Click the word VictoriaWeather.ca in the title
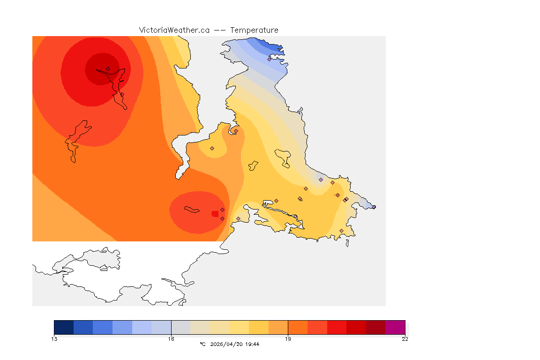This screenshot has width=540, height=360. [x=174, y=30]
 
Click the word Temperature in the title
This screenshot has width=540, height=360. [x=254, y=30]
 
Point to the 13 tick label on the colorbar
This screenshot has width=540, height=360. [x=54, y=339]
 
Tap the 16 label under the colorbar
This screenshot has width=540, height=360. [x=171, y=339]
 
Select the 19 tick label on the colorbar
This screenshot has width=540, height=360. [x=288, y=339]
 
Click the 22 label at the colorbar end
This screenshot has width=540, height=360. [x=405, y=339]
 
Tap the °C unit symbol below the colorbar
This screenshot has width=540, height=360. [x=202, y=344]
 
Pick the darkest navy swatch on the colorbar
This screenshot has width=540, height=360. [x=64, y=327]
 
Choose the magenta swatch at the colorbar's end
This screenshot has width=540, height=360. [x=395, y=327]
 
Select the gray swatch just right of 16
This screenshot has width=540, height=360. [x=181, y=327]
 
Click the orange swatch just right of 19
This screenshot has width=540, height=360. [x=298, y=327]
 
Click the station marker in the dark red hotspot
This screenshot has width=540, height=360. [x=108, y=68]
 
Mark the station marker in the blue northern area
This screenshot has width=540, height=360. [x=269, y=59]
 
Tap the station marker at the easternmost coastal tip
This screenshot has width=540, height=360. [x=374, y=207]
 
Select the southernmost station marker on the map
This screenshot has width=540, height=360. [x=341, y=231]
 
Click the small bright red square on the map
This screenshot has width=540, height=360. [x=215, y=214]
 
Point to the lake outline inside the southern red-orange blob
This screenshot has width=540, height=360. [x=192, y=210]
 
